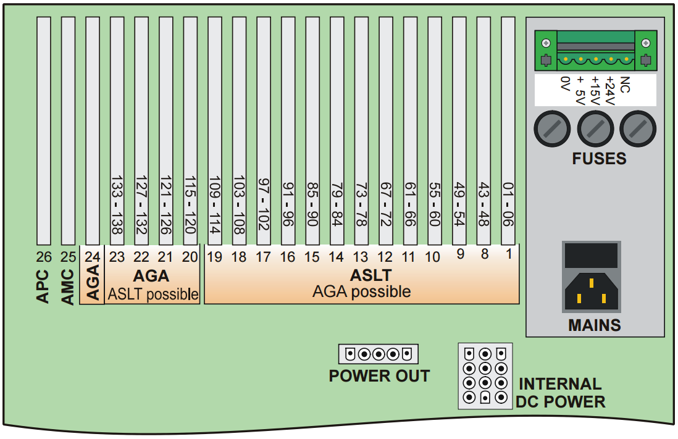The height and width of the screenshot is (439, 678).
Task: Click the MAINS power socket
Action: [x=591, y=292]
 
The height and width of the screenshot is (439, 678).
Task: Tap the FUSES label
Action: [x=599, y=159]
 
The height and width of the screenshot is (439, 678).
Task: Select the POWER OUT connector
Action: [x=379, y=354]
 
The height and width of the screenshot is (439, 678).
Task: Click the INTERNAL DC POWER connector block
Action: [x=485, y=376]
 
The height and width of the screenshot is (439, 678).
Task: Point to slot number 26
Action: [x=43, y=257]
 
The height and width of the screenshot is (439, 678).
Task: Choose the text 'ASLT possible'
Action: [x=153, y=295]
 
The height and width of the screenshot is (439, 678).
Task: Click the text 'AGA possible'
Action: [x=362, y=291]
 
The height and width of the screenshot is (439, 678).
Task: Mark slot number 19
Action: [x=214, y=257]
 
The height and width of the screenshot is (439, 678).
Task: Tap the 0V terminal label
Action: [x=564, y=84]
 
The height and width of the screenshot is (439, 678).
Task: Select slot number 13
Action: [x=361, y=257]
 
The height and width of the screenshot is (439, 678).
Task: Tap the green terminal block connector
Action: [x=595, y=51]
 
